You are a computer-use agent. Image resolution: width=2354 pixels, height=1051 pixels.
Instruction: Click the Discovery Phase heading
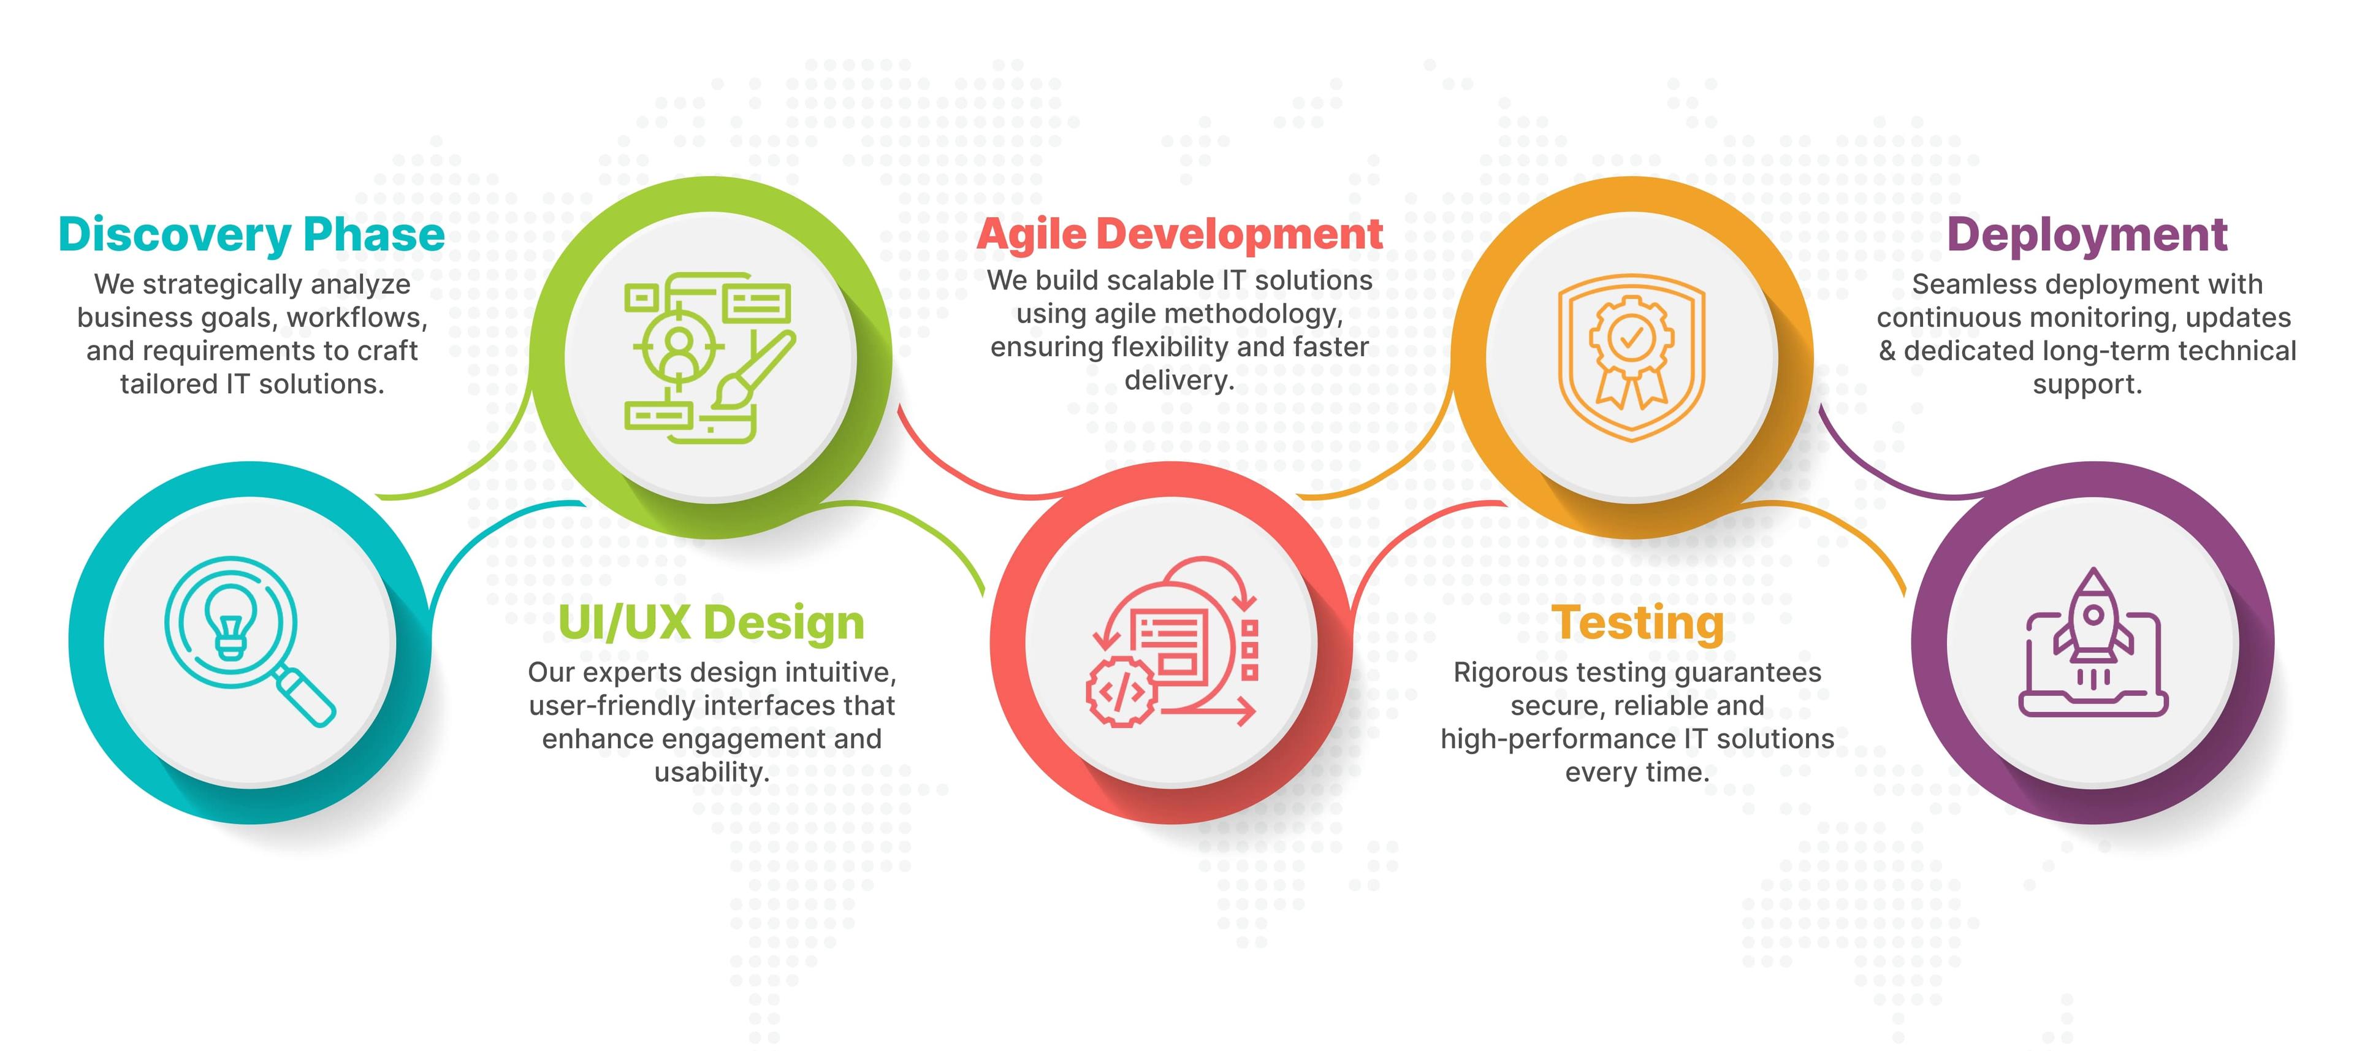click(x=251, y=235)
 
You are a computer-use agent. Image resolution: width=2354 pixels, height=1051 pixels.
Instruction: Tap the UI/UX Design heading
click(x=711, y=623)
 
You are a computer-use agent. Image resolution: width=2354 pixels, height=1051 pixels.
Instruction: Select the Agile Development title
click(x=1179, y=235)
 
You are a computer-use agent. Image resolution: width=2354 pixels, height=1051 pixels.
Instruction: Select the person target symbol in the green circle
click(x=678, y=347)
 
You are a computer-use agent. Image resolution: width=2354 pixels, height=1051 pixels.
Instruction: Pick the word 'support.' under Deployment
click(x=2087, y=384)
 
